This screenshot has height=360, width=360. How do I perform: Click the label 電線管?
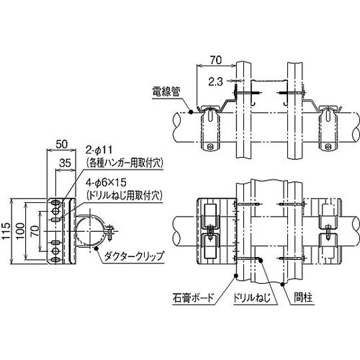click(167, 91)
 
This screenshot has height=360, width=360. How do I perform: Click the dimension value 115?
click(7, 229)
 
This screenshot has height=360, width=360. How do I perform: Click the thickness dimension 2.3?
click(212, 80)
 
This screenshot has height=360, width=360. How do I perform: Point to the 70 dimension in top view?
click(215, 60)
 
